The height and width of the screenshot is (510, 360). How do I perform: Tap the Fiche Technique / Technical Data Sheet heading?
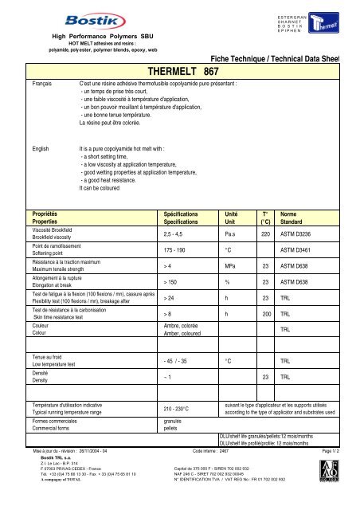(284, 58)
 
